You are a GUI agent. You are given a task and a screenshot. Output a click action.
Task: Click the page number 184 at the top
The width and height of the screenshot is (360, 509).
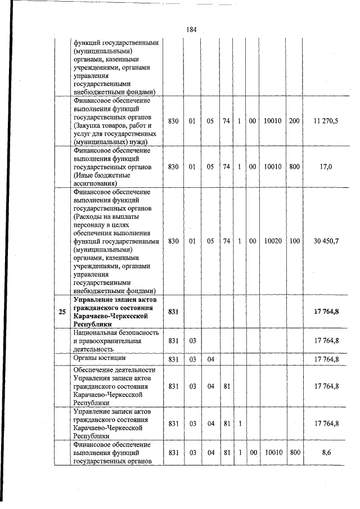pyautogui.click(x=190, y=30)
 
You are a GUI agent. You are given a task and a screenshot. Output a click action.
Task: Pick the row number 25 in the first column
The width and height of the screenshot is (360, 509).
pyautogui.click(x=62, y=312)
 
